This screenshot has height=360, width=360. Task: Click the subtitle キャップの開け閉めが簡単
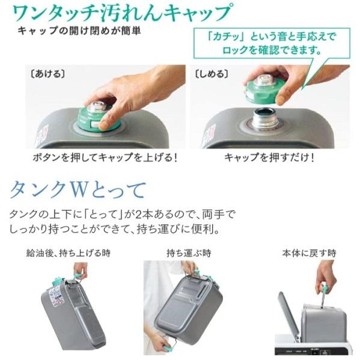pos(79,31)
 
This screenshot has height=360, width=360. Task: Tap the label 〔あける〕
pos(47,74)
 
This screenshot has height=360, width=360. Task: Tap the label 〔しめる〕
pos(212,74)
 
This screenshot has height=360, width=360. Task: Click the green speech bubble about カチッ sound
pos(272,43)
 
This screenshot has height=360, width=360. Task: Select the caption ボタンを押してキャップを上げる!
pos(105,157)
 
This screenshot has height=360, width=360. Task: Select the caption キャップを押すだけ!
pos(269,157)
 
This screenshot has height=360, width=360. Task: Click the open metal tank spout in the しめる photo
pos(264,118)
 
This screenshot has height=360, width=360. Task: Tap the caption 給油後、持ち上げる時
pos(69,253)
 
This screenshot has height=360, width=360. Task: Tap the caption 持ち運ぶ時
pos(189,253)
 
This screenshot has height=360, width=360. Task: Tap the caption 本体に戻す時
pos(309,253)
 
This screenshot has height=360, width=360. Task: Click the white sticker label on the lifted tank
pos(56,296)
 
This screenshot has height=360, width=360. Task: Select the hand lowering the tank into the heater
pos(325,277)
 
